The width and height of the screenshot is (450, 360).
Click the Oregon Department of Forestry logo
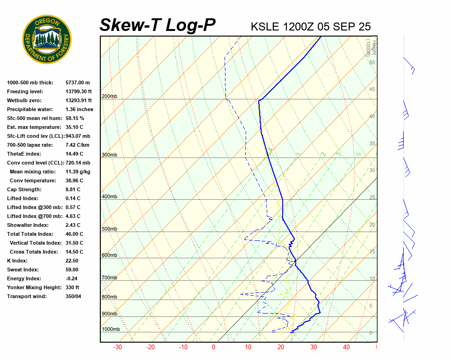click(47, 39)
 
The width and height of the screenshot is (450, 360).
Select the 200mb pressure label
click(109, 97)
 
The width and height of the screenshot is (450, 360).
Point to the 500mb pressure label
click(109, 229)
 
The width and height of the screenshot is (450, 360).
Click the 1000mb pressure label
click(111, 330)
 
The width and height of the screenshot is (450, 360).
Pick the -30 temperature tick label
click(118, 347)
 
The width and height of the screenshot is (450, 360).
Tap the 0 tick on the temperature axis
click(214, 347)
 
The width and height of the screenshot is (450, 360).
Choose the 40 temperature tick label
click(346, 347)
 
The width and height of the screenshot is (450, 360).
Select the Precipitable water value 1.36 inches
click(79, 110)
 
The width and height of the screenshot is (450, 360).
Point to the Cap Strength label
click(24, 190)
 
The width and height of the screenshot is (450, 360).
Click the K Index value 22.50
click(72, 261)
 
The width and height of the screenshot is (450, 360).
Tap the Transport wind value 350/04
click(74, 297)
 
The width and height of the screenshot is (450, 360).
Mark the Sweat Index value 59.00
click(72, 270)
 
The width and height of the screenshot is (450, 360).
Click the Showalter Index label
click(28, 225)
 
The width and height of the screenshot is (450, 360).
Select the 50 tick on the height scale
click(372, 62)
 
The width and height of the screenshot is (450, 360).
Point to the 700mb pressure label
click(109, 278)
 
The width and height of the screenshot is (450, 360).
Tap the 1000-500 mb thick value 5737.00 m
click(77, 83)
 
